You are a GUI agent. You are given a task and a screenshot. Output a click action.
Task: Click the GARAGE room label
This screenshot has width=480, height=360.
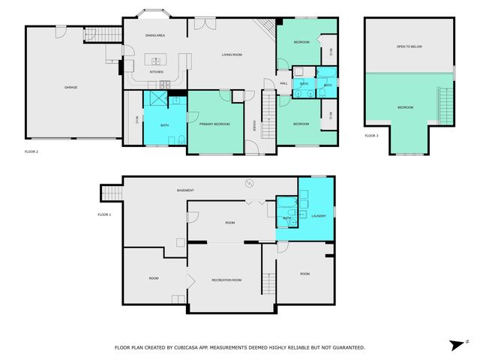pos(70,87)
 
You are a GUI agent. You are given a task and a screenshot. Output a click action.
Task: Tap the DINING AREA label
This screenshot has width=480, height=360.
pos(155,35)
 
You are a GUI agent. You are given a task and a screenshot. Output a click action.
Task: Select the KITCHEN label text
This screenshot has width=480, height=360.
pos(156,72)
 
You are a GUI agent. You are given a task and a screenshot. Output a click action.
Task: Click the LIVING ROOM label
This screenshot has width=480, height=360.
pos(231,55)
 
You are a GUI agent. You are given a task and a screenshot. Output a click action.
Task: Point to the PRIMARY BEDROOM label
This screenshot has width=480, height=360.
pos(214,124)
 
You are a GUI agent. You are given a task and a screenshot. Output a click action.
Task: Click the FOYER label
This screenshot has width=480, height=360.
pos(254,125)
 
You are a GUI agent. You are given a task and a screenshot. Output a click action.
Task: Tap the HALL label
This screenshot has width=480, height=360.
pos(284,83)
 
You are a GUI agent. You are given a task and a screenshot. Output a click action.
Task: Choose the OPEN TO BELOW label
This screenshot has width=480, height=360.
pos(409,46)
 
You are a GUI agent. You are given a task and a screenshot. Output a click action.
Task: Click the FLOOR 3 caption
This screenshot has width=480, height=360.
pos(372,136)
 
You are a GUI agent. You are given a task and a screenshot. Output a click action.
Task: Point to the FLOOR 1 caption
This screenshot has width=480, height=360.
pos(104,214)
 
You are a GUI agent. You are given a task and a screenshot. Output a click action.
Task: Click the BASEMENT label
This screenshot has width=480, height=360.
pos(186,190)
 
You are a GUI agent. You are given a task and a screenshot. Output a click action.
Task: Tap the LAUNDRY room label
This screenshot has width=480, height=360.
pos(319,216)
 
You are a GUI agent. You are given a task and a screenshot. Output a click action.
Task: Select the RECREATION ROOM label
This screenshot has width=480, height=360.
pos(226,280)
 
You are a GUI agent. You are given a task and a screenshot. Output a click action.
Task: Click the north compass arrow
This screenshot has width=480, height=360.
pos(455,344)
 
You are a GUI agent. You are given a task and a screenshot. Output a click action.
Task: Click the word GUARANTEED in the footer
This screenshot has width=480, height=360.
pos(346,347)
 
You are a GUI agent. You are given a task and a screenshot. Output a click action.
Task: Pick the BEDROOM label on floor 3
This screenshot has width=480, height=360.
pos(405,107)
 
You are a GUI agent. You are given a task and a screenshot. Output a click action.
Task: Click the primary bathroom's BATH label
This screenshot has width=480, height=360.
pos(164,115)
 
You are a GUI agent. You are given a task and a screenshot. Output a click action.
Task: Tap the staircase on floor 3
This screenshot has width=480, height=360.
pos(446,104)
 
